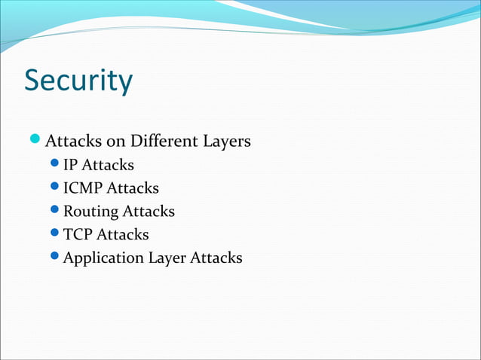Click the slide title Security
(78, 81)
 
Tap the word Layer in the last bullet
(167, 258)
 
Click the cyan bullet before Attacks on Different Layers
(35, 140)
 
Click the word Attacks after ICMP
(133, 188)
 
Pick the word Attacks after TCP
(123, 235)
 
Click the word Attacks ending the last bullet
(216, 258)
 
